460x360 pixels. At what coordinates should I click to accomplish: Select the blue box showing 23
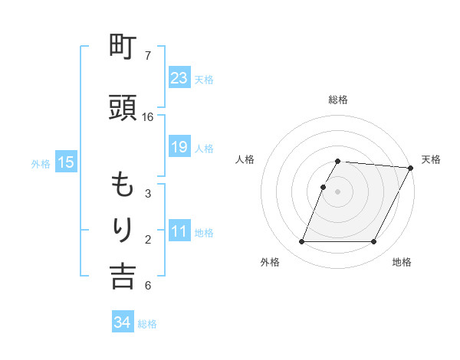coord(179,78)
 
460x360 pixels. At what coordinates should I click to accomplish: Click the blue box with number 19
coord(179,147)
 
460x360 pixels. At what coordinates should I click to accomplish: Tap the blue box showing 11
coord(179,232)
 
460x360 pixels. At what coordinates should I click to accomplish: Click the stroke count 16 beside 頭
coord(148,117)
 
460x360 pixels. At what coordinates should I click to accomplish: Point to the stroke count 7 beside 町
coord(148,56)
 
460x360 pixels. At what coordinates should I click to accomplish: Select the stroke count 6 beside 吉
coord(148,286)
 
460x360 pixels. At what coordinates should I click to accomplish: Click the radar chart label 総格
coord(338,100)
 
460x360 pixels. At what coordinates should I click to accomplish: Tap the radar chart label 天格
coord(431,159)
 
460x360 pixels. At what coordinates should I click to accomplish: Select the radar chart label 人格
coord(245,159)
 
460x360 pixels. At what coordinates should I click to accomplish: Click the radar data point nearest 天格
coord(412,168)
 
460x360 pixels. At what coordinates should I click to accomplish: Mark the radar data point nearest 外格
coord(301,242)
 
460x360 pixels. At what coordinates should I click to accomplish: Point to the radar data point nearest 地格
coord(374,242)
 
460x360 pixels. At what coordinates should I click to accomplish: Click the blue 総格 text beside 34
coord(147,324)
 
